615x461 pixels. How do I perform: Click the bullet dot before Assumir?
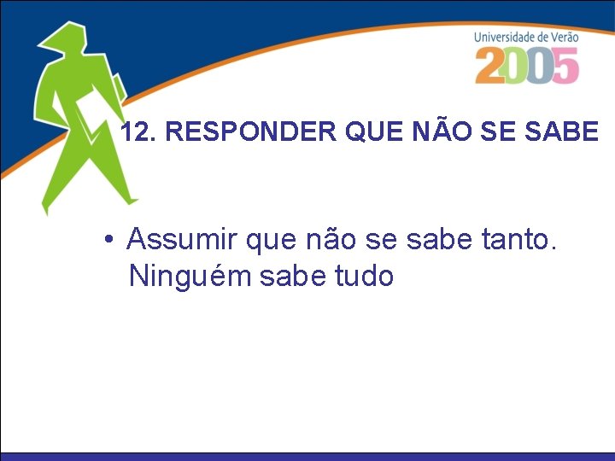pyautogui.click(x=108, y=241)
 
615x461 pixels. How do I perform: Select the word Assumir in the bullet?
pyautogui.click(x=182, y=240)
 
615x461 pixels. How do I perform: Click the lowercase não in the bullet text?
pyautogui.click(x=328, y=240)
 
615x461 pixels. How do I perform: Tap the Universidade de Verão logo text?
pyautogui.click(x=526, y=37)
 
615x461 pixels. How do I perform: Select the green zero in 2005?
pyautogui.click(x=516, y=66)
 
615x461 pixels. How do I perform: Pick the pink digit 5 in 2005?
pyautogui.click(x=565, y=66)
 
